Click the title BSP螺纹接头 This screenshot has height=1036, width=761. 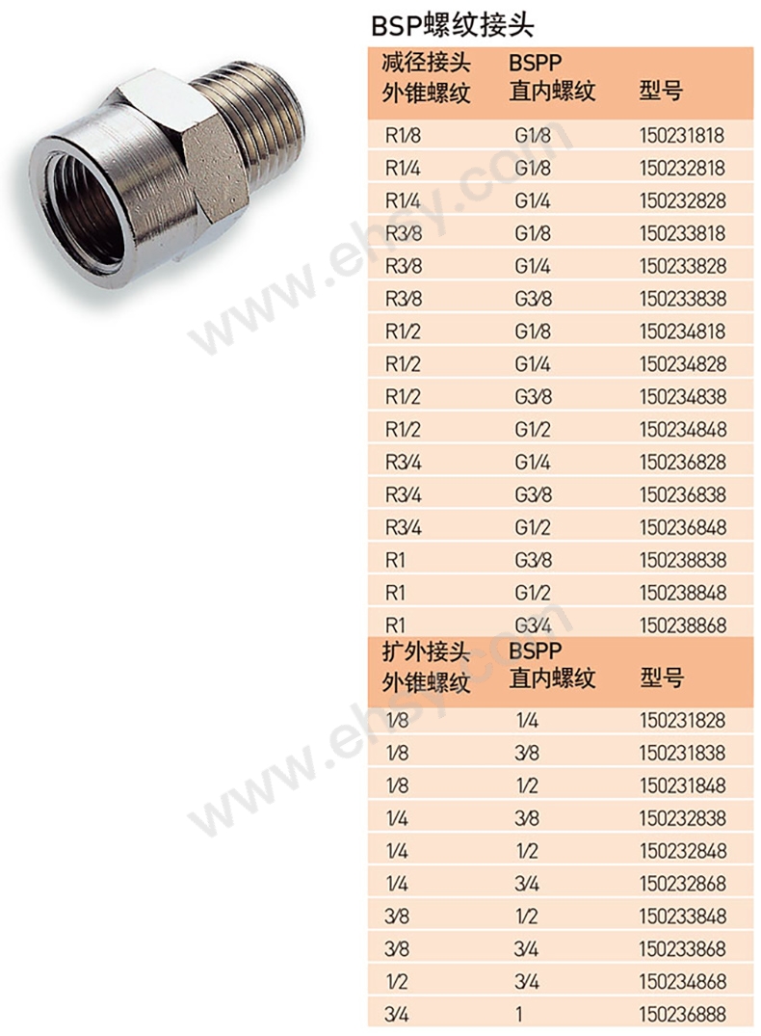coord(452,25)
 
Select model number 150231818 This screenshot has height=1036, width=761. coord(682,136)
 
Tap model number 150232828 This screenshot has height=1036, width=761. coord(682,200)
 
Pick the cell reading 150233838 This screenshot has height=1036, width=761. coord(682,299)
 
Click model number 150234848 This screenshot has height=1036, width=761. coord(682,430)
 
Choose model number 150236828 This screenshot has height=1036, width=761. coord(682,462)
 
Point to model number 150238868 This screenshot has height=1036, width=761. coord(682,625)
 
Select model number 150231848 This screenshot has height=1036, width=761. coord(682,785)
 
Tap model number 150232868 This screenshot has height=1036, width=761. coord(682,884)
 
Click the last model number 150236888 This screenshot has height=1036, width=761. coord(682,1014)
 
